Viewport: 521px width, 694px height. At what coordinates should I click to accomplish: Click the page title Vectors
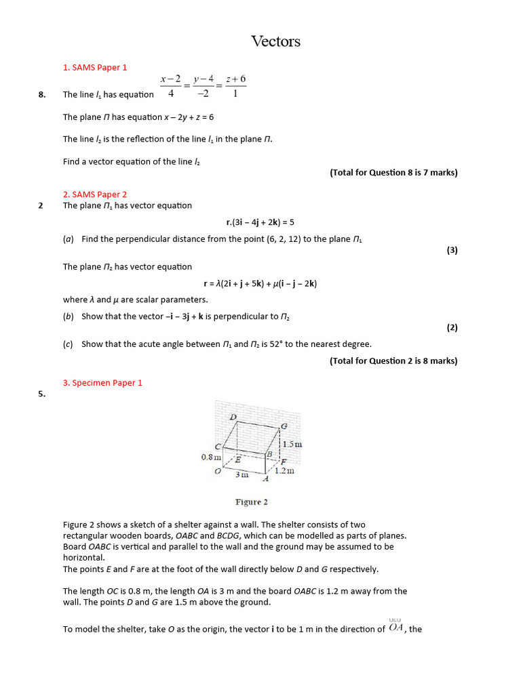[x=275, y=42]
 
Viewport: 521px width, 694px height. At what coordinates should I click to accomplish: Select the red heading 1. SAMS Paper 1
[x=95, y=68]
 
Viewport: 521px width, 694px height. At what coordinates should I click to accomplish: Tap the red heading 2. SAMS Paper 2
[x=95, y=195]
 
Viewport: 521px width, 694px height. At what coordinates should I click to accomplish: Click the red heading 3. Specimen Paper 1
[x=102, y=383]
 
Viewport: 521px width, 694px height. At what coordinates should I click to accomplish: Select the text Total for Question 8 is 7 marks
[x=393, y=173]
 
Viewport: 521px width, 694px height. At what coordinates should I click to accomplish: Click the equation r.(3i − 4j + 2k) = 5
[x=260, y=222]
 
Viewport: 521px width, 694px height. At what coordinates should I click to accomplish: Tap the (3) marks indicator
[x=452, y=250]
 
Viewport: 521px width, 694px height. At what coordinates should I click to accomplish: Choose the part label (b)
[x=68, y=317]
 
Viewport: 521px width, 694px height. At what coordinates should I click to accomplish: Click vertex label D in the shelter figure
[x=233, y=417]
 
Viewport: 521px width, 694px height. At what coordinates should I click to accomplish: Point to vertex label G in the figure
[x=284, y=426]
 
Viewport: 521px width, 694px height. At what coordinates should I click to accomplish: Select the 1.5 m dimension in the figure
[x=292, y=445]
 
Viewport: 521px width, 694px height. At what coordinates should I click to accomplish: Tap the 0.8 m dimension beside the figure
[x=211, y=457]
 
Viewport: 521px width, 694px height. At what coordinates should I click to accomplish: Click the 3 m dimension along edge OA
[x=242, y=475]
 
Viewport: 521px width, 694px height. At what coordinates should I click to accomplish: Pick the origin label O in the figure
[x=218, y=472]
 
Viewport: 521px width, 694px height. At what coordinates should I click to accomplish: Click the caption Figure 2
[x=251, y=502]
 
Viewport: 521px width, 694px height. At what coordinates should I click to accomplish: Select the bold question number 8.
[x=42, y=95]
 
